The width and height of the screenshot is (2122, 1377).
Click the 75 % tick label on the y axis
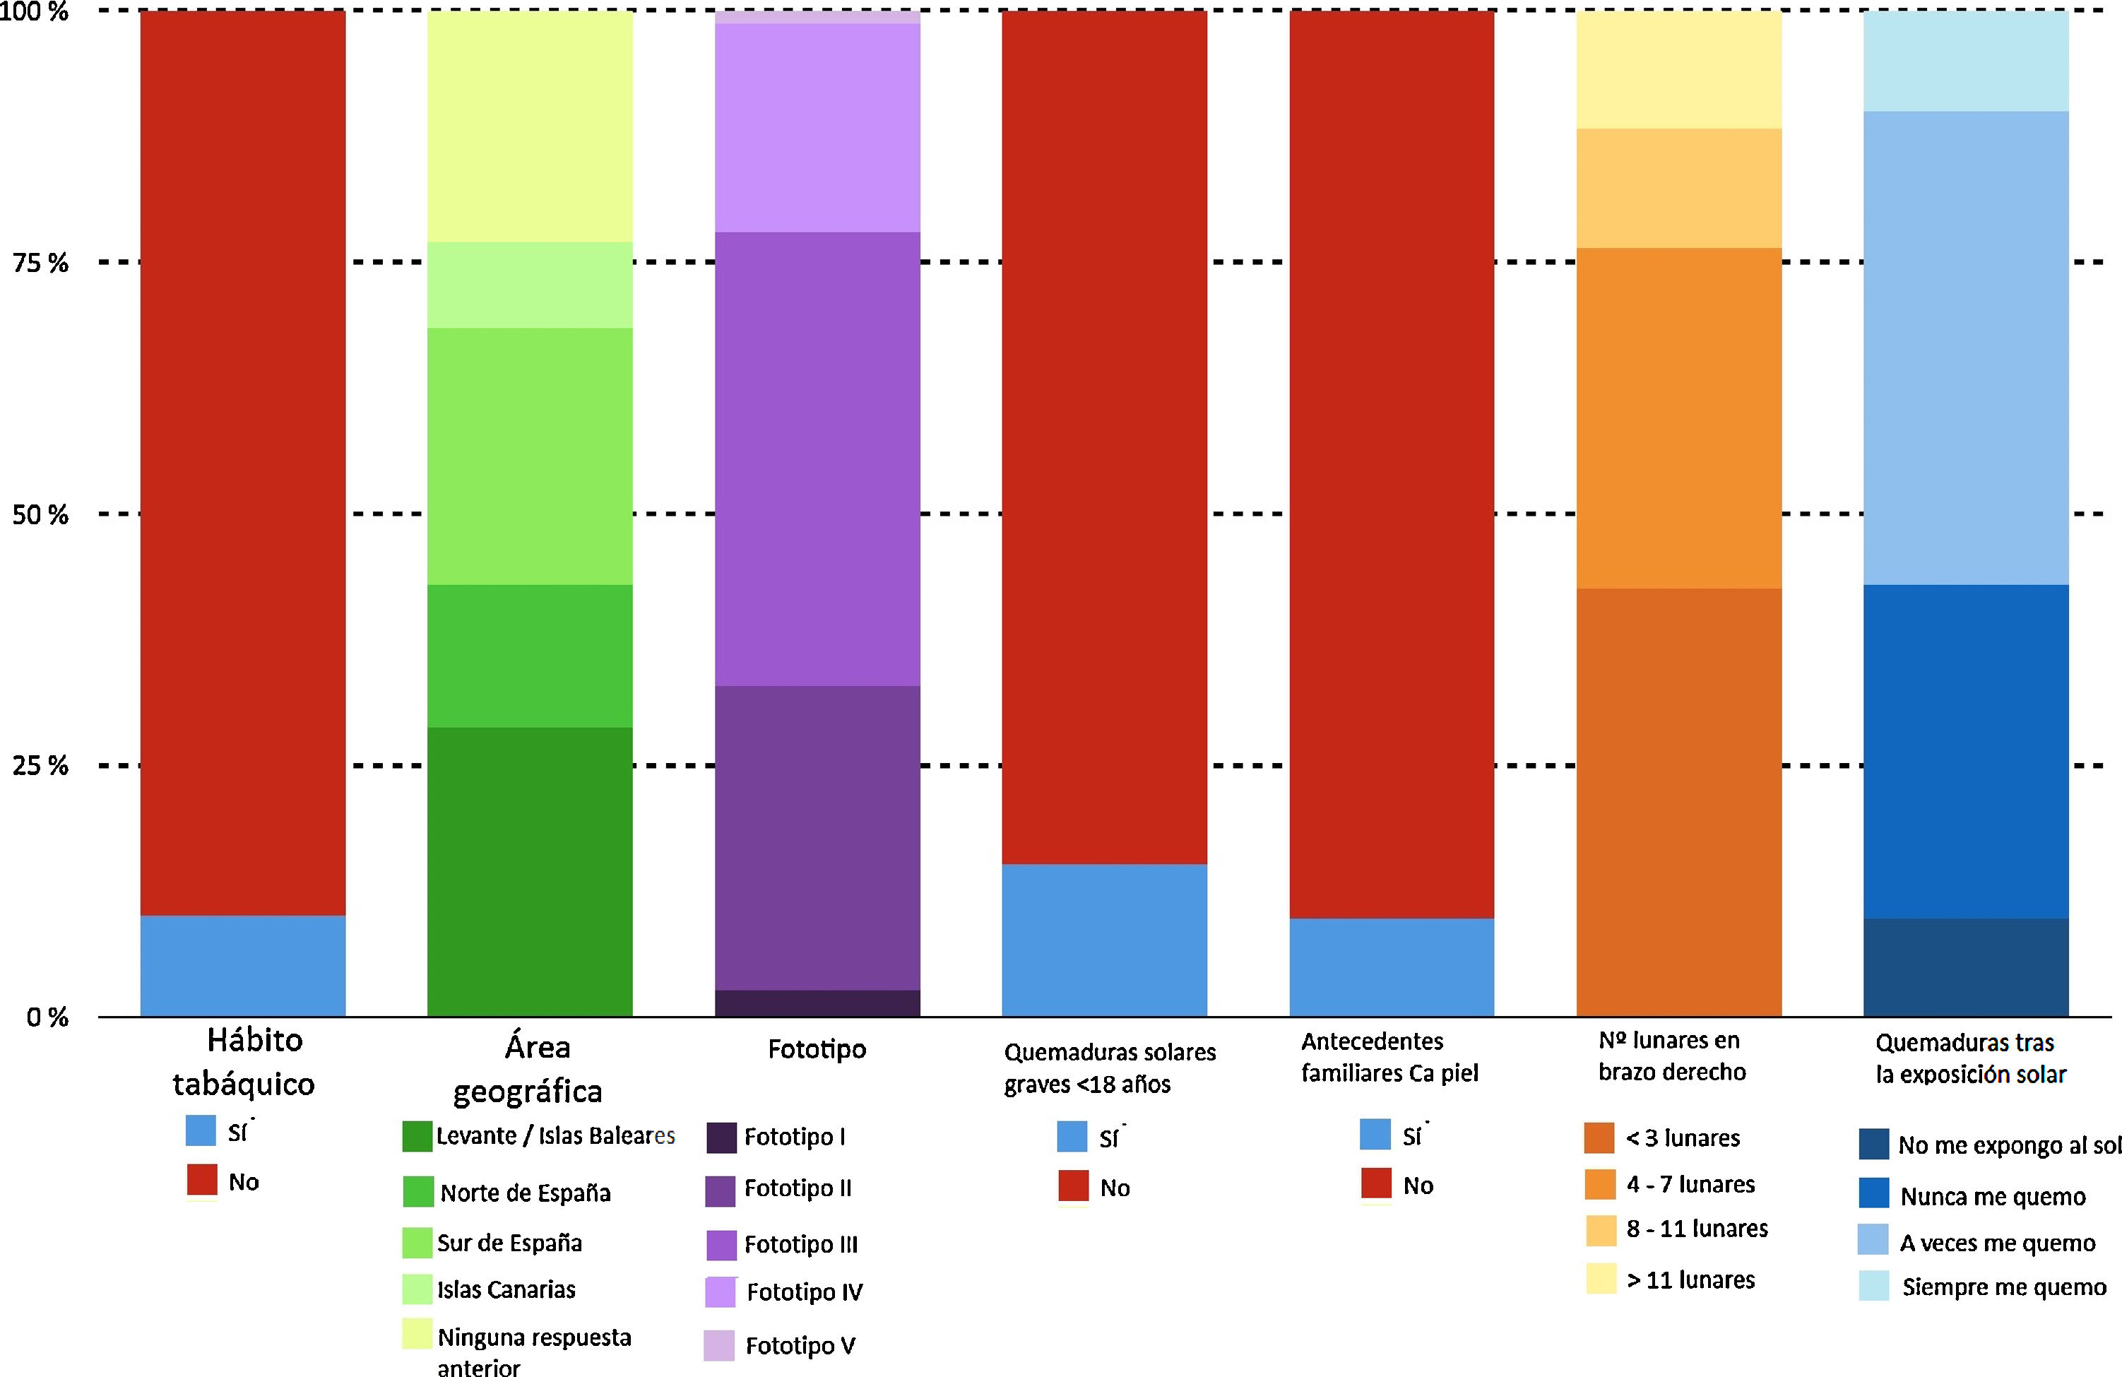40,263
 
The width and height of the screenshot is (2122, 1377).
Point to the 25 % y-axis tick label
40,766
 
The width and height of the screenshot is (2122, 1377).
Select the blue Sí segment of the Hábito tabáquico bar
242,965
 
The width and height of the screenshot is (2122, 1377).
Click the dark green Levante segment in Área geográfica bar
530,871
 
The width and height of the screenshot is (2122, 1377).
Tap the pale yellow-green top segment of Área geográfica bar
530,126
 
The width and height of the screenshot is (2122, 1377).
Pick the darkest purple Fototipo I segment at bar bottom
817,1003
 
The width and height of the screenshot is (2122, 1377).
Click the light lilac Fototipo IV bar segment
817,128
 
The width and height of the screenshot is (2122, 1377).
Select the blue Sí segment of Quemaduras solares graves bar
1104,940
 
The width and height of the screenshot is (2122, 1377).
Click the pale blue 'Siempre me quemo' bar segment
1965,61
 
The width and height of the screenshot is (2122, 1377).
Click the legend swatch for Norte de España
418,1191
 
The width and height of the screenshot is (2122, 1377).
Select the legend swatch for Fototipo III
721,1245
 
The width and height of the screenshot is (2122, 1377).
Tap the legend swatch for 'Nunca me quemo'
1873,1193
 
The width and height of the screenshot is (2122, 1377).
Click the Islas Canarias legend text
506,1289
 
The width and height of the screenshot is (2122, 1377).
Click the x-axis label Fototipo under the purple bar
817,1050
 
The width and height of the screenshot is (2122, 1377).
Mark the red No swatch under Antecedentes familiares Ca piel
1377,1183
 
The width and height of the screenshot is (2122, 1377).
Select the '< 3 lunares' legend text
1683,1138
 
